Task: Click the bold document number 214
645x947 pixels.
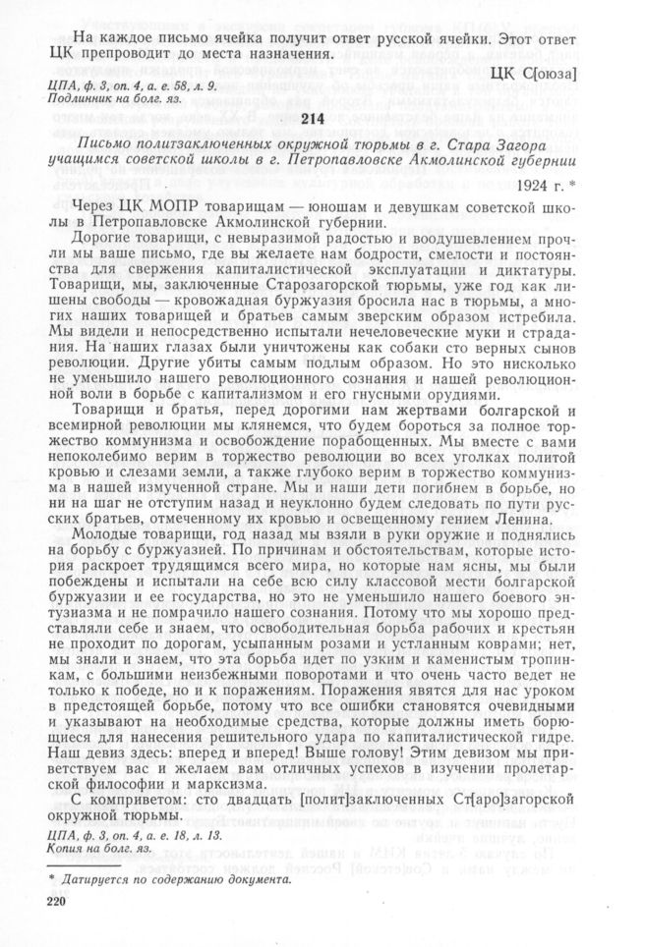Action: tap(322, 118)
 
